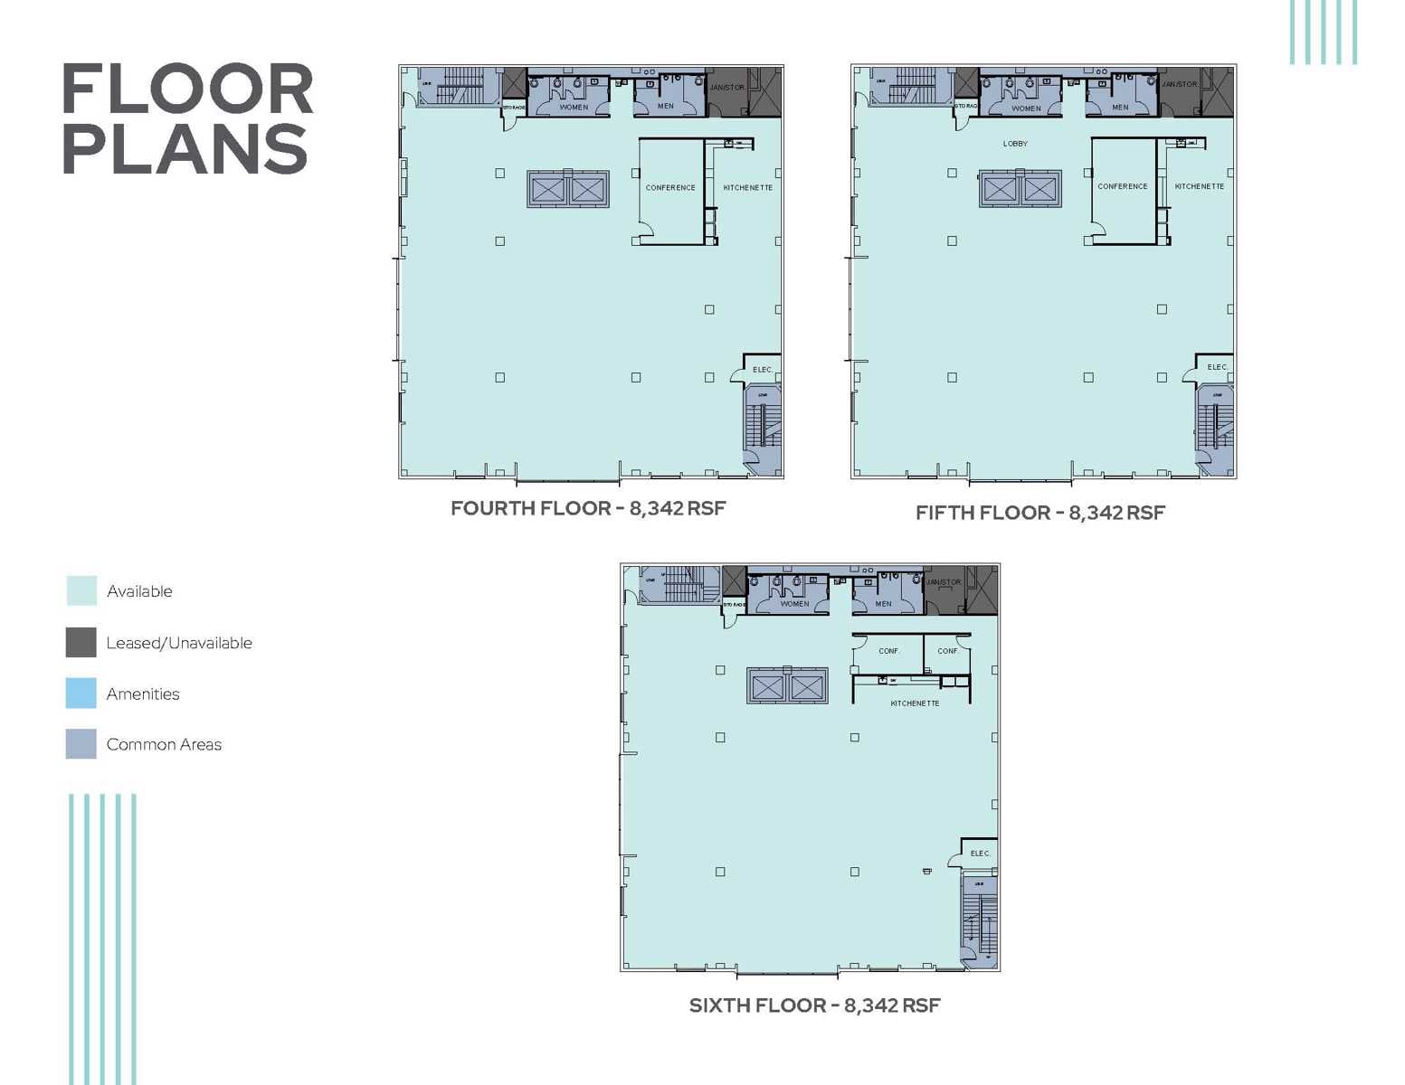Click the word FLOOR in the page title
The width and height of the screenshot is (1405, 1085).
tap(187, 90)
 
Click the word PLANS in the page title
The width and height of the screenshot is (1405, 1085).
tap(185, 149)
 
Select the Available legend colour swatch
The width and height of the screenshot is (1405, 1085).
tap(81, 590)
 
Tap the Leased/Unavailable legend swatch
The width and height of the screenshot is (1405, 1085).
tap(81, 642)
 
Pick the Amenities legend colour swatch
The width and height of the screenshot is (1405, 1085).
tap(81, 693)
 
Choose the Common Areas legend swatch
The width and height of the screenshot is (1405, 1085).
tap(81, 744)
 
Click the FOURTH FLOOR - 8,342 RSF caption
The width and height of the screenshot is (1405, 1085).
tap(588, 508)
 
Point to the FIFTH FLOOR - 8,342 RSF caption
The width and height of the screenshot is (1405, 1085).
tap(1040, 513)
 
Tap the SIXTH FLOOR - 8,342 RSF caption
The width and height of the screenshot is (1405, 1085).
tap(814, 1005)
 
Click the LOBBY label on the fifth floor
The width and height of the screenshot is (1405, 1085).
tap(1015, 144)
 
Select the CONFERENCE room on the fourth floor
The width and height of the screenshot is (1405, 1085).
tap(670, 188)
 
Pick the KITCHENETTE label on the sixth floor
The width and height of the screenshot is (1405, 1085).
tap(915, 703)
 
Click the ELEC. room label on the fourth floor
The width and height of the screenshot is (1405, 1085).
tap(763, 370)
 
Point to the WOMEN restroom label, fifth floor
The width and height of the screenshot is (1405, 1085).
tap(1026, 108)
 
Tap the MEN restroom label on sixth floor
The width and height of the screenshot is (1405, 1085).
tap(883, 604)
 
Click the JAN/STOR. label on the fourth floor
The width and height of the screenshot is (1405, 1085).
tap(727, 88)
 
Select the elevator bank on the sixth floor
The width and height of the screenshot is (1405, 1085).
tap(786, 686)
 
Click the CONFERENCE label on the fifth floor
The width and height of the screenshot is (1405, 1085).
tap(1123, 187)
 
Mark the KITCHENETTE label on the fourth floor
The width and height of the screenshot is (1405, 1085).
tap(747, 188)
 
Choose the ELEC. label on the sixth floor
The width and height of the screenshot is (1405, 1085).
tap(980, 854)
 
